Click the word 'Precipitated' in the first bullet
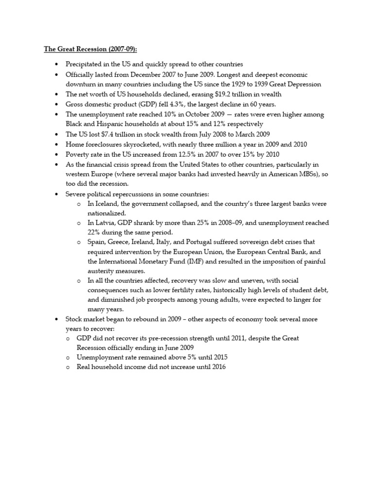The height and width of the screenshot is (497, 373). (x=84, y=64)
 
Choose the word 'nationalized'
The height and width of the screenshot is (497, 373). (x=106, y=213)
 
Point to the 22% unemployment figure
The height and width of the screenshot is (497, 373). (x=95, y=232)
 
